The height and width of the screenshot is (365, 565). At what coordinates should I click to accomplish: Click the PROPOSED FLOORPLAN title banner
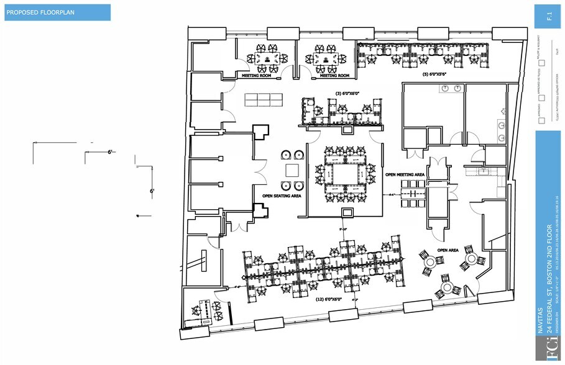[x=57, y=13]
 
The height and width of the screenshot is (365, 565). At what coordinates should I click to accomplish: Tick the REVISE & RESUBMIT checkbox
[x=541, y=63]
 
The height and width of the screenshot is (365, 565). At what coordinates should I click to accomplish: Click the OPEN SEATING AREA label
[x=282, y=196]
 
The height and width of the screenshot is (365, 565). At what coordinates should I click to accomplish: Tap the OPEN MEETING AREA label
[x=404, y=175]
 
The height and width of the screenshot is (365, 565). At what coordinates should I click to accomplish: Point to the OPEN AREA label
[x=448, y=250]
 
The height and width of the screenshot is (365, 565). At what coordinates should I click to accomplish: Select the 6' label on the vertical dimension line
[x=151, y=191]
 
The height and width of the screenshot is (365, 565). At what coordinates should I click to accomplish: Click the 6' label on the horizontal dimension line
[x=109, y=151]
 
